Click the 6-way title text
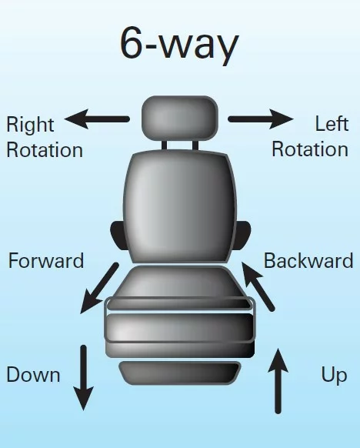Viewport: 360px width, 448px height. [179, 45]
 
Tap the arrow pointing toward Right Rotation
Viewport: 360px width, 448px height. [97, 119]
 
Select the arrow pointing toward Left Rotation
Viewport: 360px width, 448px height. [261, 119]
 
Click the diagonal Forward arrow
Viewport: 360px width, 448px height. [99, 288]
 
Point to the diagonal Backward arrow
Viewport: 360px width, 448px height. [258, 286]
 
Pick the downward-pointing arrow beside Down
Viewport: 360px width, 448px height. [83, 378]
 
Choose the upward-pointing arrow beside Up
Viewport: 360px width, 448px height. [278, 381]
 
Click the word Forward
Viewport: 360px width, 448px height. [46, 261]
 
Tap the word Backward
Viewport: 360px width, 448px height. [308, 261]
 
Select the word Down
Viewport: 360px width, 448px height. [33, 375]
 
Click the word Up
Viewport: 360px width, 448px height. [334, 376]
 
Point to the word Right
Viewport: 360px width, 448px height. [30, 125]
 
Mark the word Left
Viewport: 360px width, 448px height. [332, 124]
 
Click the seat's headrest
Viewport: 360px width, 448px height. [180, 119]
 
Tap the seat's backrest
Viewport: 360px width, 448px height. [180, 206]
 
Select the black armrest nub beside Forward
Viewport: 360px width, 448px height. [118, 236]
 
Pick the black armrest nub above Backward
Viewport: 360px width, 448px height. [242, 236]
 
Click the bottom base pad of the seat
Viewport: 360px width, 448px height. [180, 373]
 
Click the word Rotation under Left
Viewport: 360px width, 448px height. [310, 149]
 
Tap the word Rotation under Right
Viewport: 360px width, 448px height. [45, 150]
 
